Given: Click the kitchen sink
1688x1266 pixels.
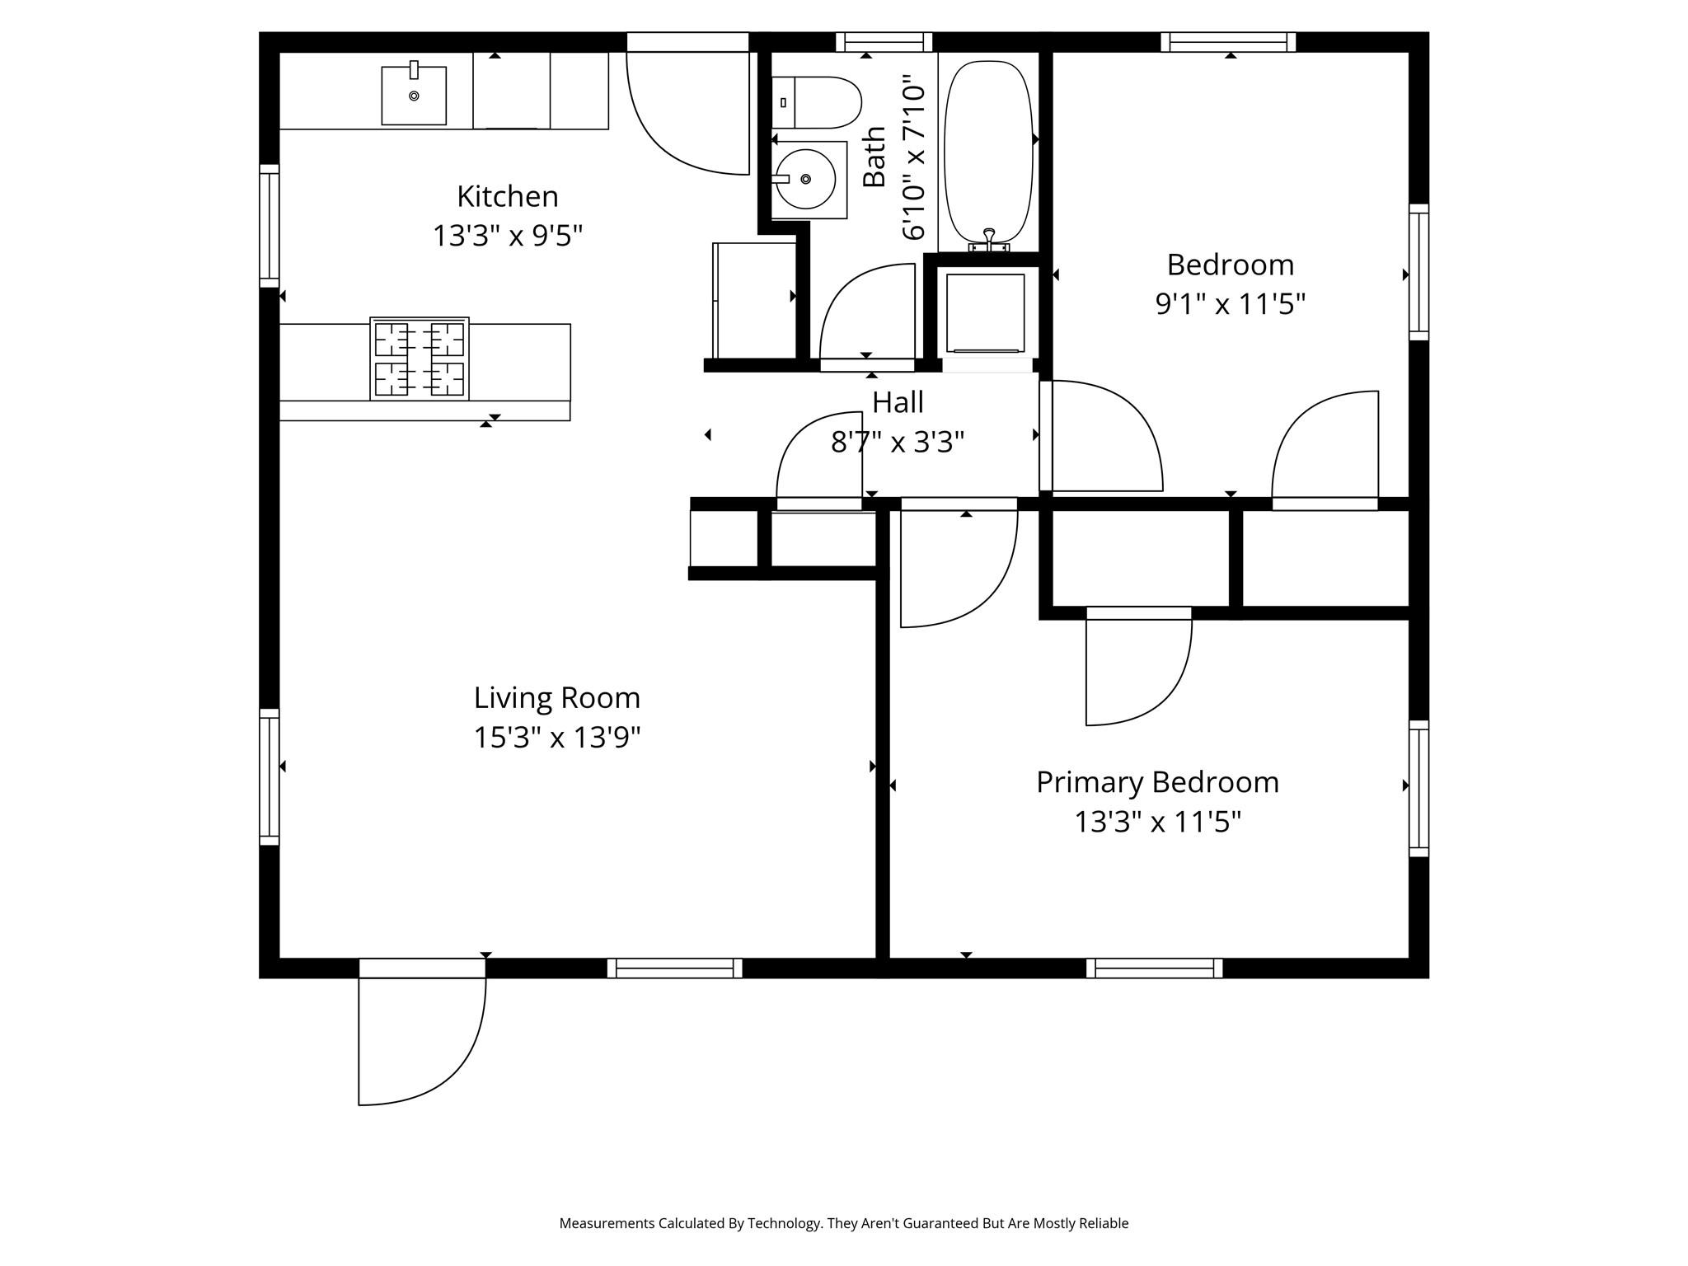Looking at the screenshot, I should pyautogui.click(x=414, y=96).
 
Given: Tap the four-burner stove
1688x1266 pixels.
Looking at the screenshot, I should pyautogui.click(x=420, y=359).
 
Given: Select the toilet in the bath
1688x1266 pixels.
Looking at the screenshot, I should pyautogui.click(x=816, y=102).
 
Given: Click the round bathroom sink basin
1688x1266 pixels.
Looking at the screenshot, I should pyautogui.click(x=805, y=179).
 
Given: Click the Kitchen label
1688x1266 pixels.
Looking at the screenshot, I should pyautogui.click(x=508, y=196).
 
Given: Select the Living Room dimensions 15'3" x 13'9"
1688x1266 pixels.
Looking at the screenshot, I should pyautogui.click(x=556, y=737).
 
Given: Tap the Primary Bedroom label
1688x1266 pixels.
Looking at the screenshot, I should pyautogui.click(x=1157, y=782).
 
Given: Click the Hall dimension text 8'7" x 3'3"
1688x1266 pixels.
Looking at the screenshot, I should pyautogui.click(x=898, y=443).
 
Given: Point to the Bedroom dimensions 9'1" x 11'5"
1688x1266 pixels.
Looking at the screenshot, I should pyautogui.click(x=1230, y=304).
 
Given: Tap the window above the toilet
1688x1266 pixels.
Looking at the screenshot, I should pyautogui.click(x=884, y=42).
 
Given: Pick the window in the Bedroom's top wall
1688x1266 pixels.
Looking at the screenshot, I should pyautogui.click(x=1228, y=42).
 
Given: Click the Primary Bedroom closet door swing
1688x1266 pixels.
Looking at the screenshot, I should pyautogui.click(x=1137, y=668).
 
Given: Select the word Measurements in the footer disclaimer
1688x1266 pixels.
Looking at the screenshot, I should pyautogui.click(x=607, y=1223).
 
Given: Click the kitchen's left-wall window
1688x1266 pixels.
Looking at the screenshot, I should pyautogui.click(x=270, y=226).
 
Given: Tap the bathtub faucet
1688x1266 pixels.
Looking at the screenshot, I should pyautogui.click(x=989, y=240).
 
